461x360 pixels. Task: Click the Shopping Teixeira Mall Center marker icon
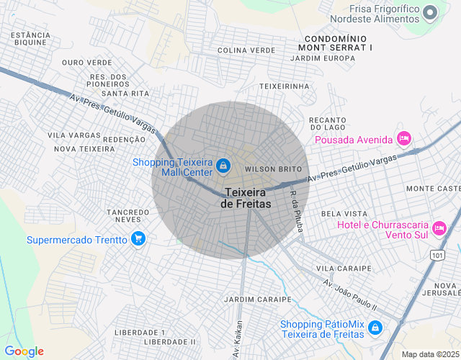(223, 166)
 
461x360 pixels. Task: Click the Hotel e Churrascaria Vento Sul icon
(439, 230)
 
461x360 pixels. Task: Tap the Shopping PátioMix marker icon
(375, 328)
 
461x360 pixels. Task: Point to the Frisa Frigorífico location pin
(431, 12)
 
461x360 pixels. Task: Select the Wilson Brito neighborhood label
(273, 168)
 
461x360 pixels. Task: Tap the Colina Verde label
(246, 50)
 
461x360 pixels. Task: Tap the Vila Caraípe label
(344, 269)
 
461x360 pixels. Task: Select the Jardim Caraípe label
(257, 299)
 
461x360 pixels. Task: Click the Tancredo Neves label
(127, 216)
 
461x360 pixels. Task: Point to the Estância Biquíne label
(30, 38)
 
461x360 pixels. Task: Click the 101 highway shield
(437, 255)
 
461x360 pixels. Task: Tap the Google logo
(24, 351)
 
